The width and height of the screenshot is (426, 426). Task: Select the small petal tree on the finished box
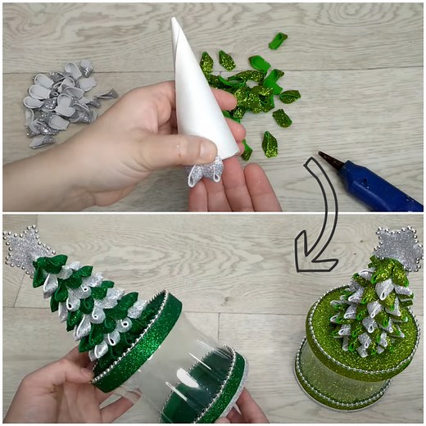[373, 307]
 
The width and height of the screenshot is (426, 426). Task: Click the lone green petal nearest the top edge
[279, 40]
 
